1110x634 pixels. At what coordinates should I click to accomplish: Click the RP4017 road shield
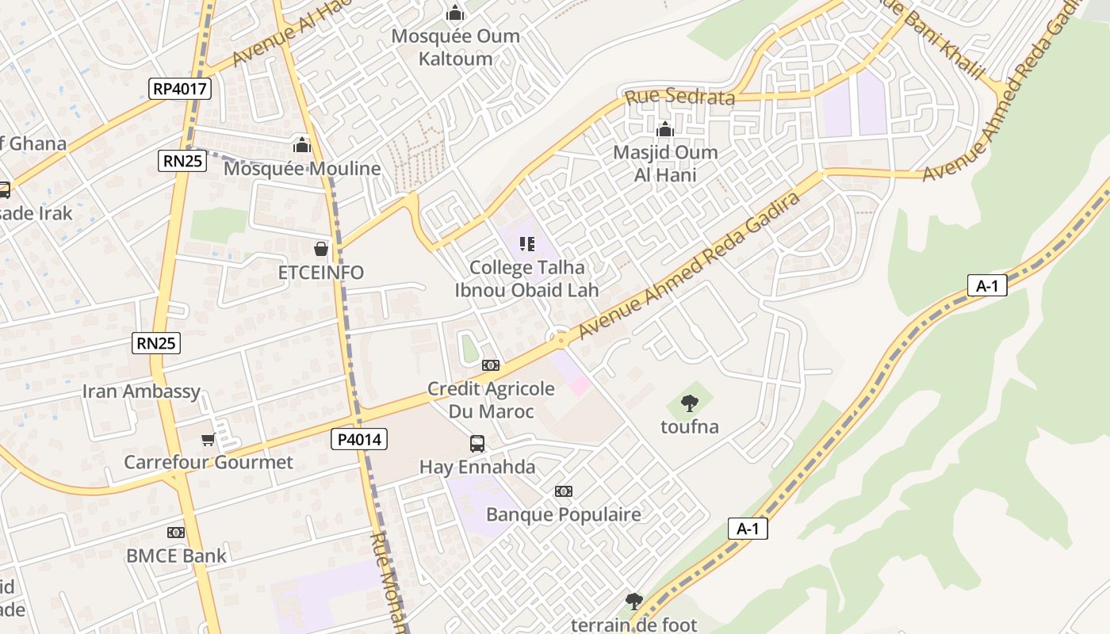[180, 88]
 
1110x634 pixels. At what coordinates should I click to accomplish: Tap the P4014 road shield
[358, 439]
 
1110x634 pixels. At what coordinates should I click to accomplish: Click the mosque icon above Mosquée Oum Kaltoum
[454, 13]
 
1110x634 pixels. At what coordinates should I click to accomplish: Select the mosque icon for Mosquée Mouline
[301, 145]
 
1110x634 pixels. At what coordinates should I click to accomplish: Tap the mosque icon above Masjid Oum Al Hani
[664, 129]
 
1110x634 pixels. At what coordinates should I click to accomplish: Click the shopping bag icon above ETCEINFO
[320, 249]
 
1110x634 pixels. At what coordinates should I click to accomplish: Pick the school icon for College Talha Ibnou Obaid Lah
[526, 244]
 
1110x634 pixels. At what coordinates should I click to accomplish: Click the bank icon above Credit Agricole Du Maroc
[491, 365]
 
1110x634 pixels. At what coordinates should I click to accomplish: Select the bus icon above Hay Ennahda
[477, 444]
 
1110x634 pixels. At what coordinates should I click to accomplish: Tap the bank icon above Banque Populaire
[564, 491]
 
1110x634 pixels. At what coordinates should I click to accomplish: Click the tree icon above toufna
[690, 403]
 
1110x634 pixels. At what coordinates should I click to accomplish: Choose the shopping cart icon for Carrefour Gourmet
[208, 439]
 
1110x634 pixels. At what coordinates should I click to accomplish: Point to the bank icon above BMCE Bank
[176, 533]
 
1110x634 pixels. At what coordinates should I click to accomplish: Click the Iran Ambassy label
[141, 391]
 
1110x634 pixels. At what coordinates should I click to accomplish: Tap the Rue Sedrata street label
[679, 97]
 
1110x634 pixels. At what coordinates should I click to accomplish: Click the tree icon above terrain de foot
[633, 602]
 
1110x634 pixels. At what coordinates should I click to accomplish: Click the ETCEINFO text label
[320, 273]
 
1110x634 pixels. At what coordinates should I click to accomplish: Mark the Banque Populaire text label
[563, 514]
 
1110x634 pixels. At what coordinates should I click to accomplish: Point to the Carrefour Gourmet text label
[208, 462]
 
